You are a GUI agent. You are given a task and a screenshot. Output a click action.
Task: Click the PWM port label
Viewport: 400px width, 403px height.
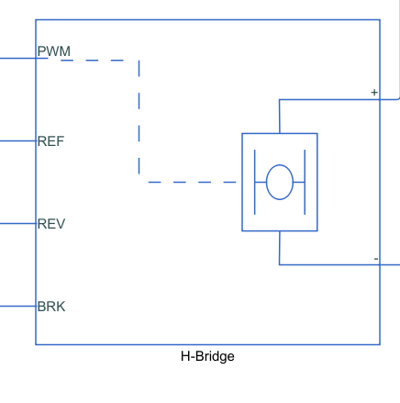tap(53, 50)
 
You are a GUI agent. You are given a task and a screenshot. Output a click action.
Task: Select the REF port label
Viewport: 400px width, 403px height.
tap(50, 141)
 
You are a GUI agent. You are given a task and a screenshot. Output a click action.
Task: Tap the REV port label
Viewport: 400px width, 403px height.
tap(50, 224)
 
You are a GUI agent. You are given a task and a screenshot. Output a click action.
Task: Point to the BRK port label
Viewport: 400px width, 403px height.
tap(50, 307)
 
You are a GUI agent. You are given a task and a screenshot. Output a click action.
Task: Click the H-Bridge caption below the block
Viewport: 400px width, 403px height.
tap(207, 356)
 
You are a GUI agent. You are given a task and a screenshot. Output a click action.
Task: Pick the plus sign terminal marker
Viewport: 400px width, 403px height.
tap(373, 93)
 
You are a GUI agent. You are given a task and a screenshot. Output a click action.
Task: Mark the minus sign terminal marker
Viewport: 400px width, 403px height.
tap(375, 259)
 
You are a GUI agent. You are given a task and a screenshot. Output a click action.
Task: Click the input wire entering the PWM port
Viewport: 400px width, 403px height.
tap(17, 58)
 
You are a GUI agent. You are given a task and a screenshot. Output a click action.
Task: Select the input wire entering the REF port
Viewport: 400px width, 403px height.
tap(17, 141)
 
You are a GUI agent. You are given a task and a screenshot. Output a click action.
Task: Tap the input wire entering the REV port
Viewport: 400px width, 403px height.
tap(17, 223)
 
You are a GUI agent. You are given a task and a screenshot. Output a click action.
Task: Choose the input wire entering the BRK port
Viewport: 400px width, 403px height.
tap(17, 306)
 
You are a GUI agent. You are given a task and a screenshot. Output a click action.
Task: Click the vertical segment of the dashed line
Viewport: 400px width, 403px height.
tap(139, 119)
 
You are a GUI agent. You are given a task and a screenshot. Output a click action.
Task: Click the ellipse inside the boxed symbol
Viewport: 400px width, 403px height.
tap(279, 182)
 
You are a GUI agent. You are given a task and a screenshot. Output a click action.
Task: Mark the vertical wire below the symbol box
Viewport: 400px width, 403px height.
tap(279, 248)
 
